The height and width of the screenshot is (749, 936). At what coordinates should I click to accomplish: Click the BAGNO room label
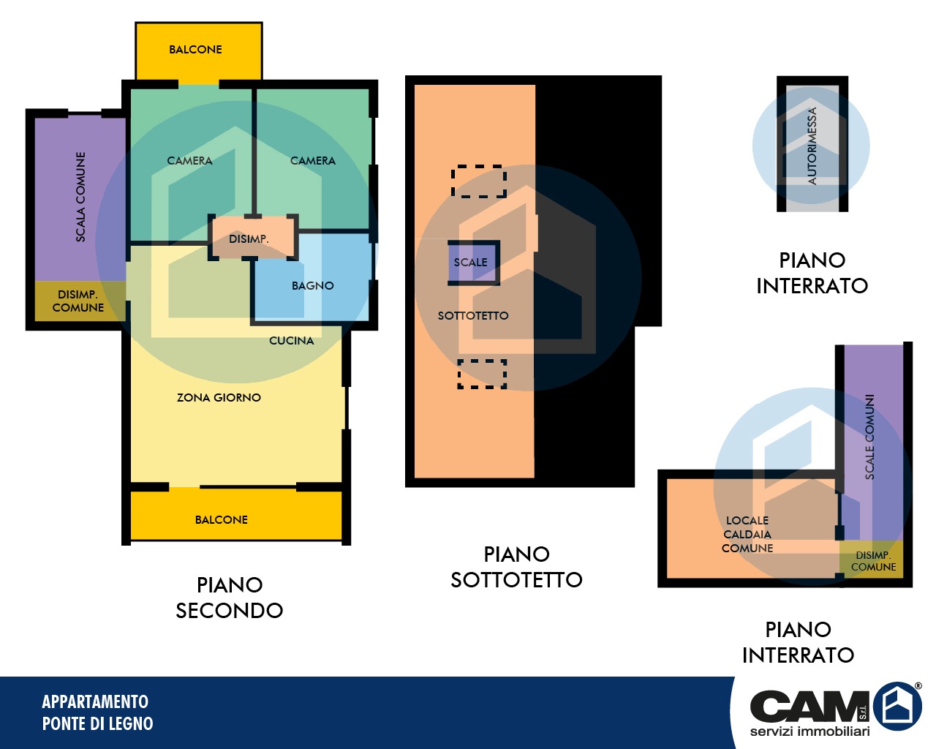click(313, 285)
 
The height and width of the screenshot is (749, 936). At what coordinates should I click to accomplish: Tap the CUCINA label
click(292, 340)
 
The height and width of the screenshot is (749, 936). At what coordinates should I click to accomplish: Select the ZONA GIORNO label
click(219, 397)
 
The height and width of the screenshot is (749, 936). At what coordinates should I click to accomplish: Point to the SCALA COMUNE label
click(80, 197)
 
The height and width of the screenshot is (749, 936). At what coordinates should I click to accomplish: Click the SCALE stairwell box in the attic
click(474, 263)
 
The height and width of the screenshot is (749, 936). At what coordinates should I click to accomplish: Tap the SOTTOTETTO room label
click(473, 315)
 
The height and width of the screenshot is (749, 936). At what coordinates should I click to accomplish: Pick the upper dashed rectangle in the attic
click(478, 181)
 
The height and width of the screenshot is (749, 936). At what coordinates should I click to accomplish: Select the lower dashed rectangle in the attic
click(482, 374)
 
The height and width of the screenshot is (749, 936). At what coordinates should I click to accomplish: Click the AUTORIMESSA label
click(812, 146)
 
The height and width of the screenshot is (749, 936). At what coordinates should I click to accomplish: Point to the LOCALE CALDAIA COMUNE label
click(747, 534)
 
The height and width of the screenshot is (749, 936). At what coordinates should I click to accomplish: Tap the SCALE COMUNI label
click(870, 437)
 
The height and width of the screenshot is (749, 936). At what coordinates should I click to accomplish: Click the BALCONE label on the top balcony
click(195, 50)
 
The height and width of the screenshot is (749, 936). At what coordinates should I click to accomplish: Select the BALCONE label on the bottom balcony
click(222, 519)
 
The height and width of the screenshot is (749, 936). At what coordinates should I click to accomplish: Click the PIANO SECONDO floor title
click(229, 598)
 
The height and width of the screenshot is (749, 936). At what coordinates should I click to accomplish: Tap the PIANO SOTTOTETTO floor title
click(516, 567)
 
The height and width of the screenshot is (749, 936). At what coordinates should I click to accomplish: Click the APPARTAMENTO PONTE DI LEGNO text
click(97, 712)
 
